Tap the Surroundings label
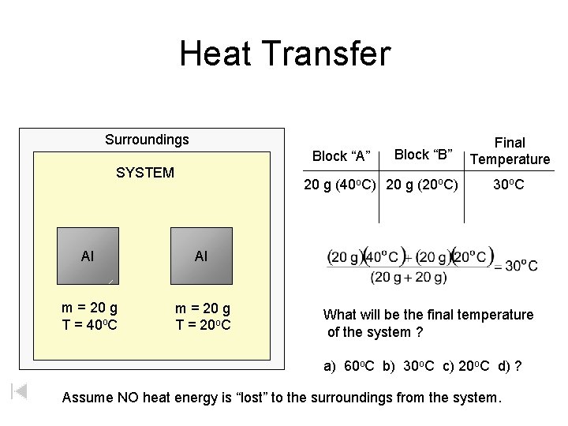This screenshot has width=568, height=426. tap(147, 140)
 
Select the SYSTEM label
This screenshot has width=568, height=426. tap(145, 172)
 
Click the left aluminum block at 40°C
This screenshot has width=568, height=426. tap(88, 256)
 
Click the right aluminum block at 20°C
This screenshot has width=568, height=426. tap(202, 256)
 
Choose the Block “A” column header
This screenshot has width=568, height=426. tap(342, 155)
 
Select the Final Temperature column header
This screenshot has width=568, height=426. tap(510, 151)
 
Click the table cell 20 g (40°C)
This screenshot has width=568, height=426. tap(342, 186)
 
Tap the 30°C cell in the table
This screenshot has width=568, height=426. tap(509, 186)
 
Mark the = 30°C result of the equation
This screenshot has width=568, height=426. tap(516, 266)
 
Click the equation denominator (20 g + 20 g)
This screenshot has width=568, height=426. tap(409, 277)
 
